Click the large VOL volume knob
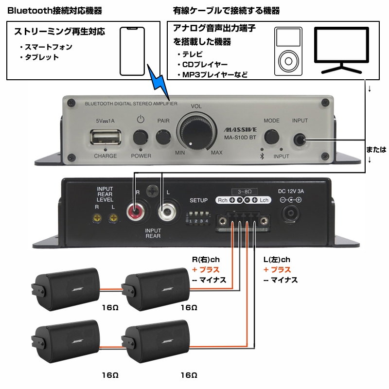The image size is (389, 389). click(x=195, y=130)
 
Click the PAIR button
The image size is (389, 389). click(x=163, y=136)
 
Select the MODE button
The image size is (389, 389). click(x=271, y=136)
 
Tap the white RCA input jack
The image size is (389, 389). click(x=167, y=212)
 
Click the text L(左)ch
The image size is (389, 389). click(x=277, y=260)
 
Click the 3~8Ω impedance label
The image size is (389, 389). click(x=245, y=191)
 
